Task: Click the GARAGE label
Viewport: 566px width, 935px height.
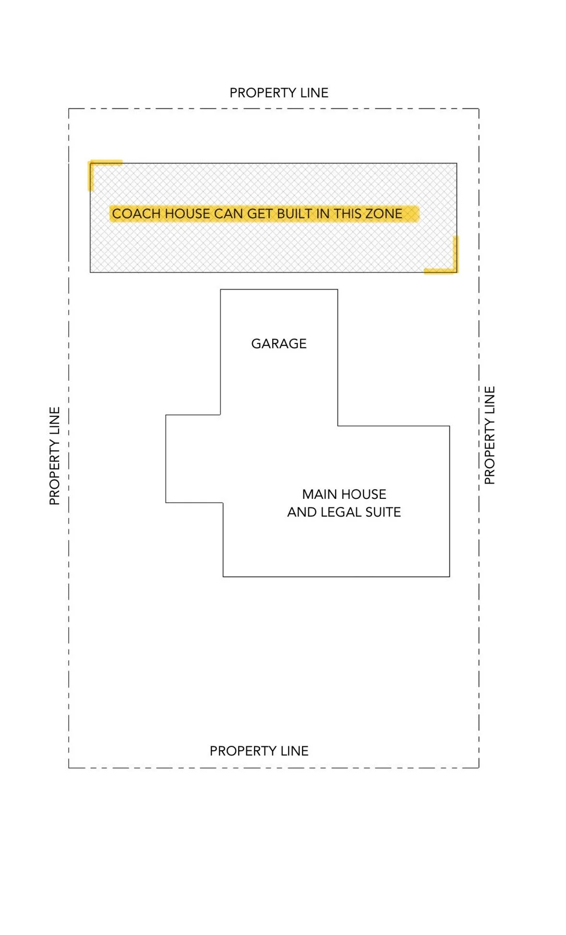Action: (x=278, y=343)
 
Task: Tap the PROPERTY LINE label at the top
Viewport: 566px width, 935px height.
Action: (x=278, y=93)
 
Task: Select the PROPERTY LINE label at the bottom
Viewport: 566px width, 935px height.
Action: (x=259, y=751)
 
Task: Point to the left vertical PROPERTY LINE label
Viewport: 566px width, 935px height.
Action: (x=55, y=456)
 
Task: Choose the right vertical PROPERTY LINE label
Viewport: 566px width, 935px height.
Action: (x=489, y=435)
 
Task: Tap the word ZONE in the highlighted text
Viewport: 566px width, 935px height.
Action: (x=384, y=214)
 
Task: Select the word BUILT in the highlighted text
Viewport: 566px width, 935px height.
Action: (x=295, y=214)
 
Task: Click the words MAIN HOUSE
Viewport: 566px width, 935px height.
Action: (x=344, y=494)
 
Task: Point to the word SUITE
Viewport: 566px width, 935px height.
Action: (x=383, y=512)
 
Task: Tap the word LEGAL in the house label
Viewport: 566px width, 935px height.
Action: (x=340, y=512)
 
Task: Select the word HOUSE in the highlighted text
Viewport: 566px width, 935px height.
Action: (x=187, y=214)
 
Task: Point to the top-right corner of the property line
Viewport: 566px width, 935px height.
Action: (x=479, y=109)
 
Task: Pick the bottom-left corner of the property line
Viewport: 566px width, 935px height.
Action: (x=69, y=768)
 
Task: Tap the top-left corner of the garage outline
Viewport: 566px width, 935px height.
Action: (x=220, y=289)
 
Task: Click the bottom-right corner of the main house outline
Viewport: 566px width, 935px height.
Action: (x=449, y=576)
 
